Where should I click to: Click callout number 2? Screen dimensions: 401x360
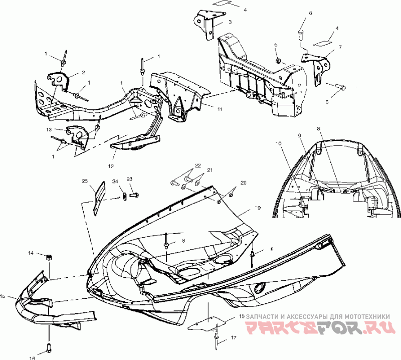(83, 72)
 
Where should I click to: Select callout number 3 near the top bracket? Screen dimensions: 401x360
(229, 22)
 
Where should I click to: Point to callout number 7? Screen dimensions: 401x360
(340, 47)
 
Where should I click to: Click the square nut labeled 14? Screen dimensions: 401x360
(49, 257)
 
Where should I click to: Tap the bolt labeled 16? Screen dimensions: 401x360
(48, 347)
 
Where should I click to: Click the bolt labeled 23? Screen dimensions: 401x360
(133, 193)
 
